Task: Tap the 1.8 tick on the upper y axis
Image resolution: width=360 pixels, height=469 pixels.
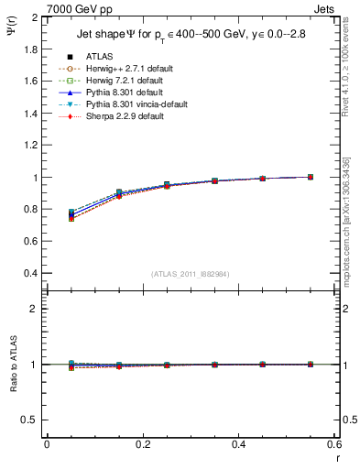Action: pos(28,49)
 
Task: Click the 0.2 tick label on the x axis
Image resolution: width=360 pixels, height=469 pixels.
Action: pos(142,445)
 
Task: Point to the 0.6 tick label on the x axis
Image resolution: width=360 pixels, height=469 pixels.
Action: pos(334,445)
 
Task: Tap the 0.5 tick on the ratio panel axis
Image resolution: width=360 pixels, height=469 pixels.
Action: pos(28,420)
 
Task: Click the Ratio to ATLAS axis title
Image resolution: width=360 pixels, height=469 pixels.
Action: pos(12,365)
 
